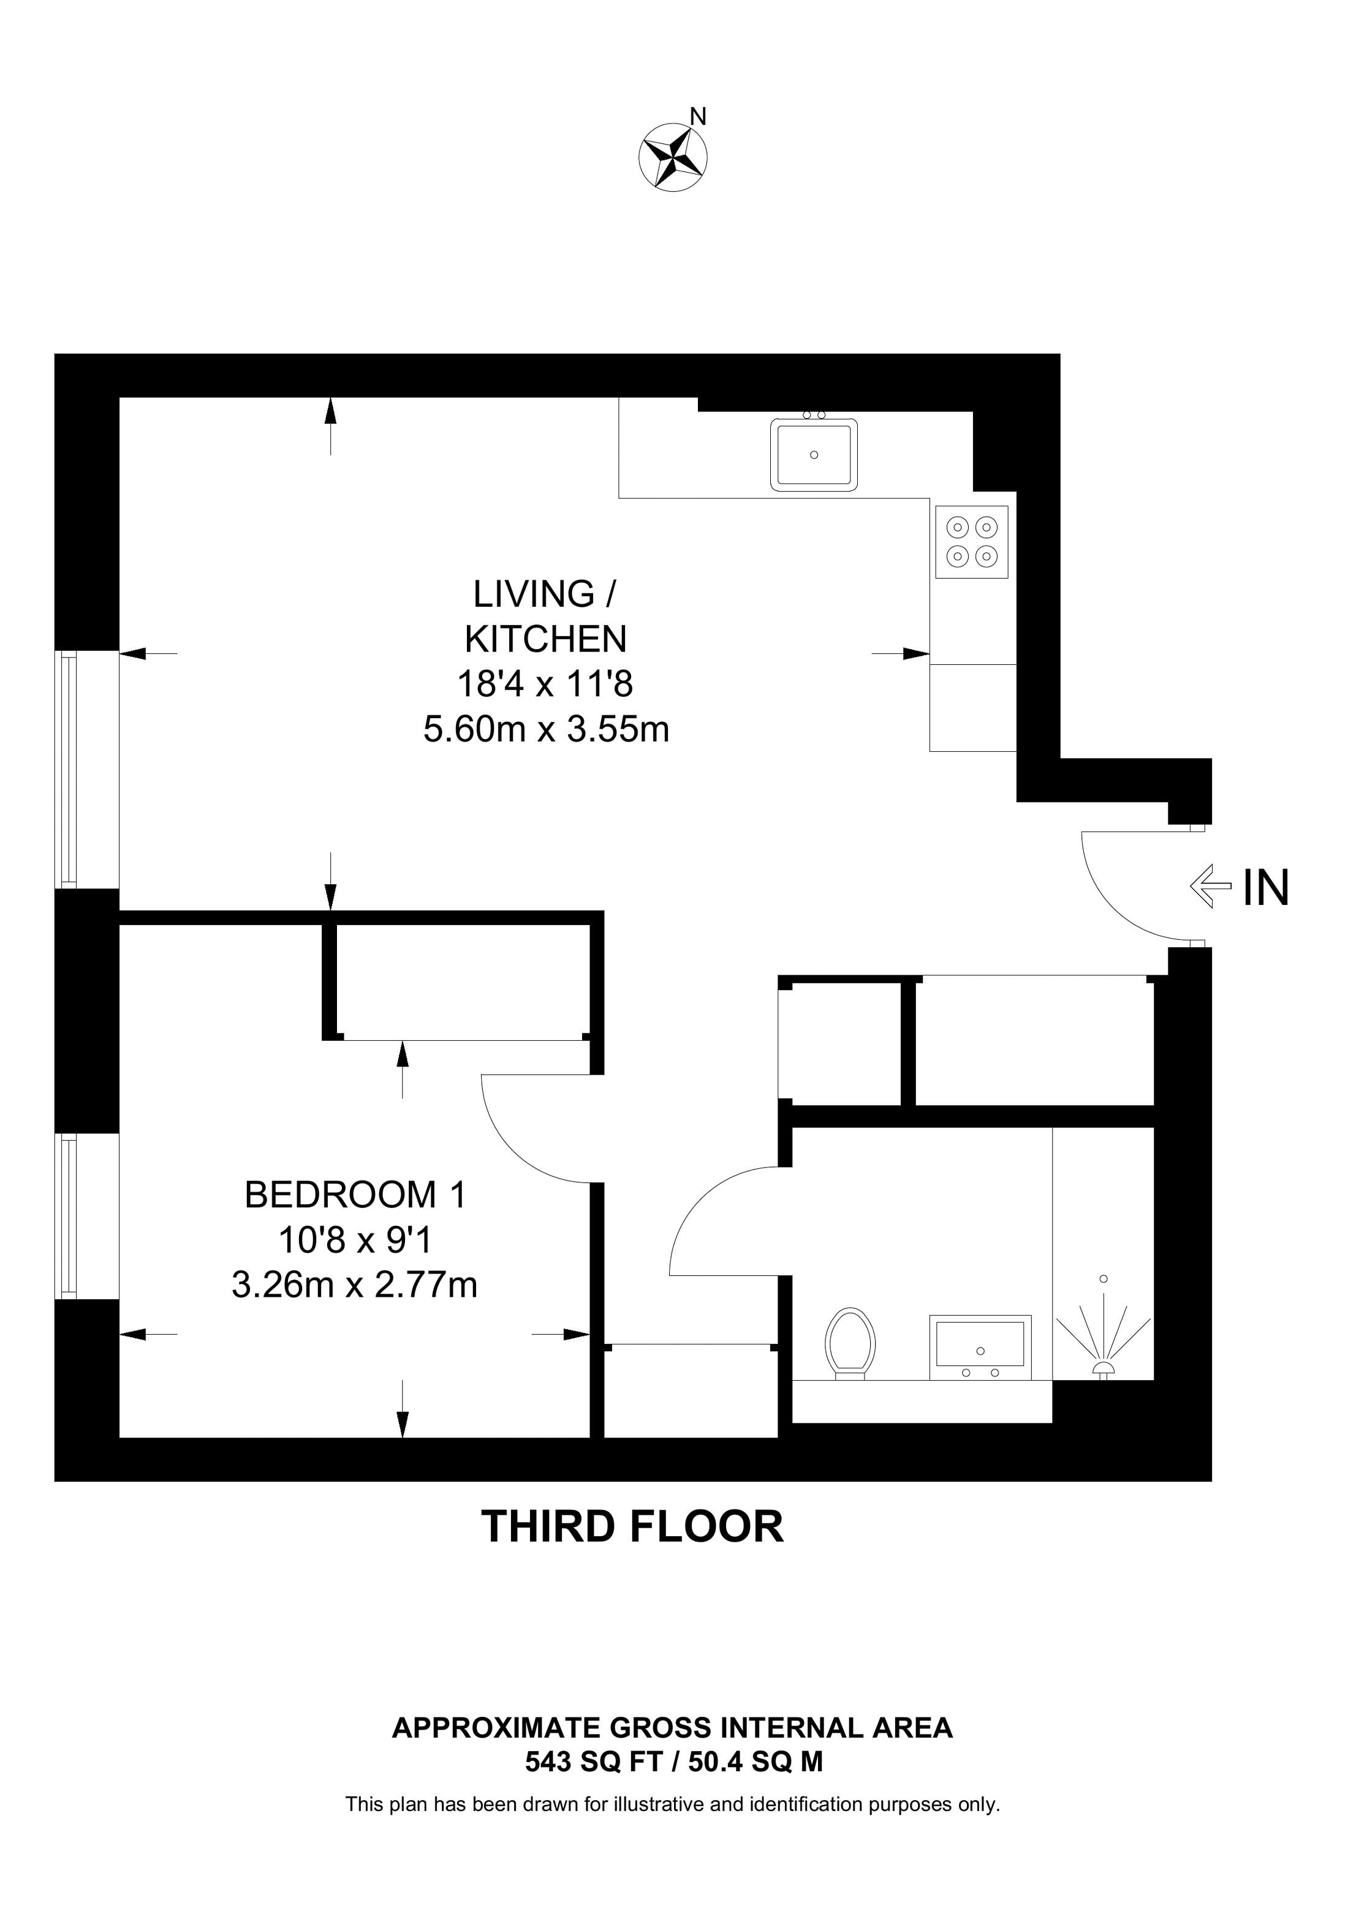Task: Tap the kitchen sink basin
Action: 814,454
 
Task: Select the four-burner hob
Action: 971,541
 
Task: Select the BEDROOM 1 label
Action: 355,1195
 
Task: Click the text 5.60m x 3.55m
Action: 546,730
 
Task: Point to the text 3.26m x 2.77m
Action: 355,1285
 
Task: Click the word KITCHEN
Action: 546,639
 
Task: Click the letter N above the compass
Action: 699,117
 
